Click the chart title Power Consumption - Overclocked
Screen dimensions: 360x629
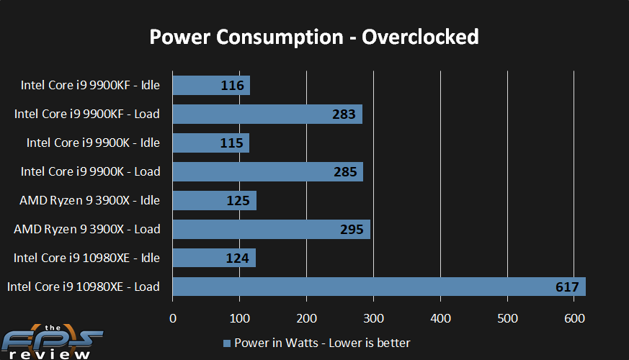click(314, 36)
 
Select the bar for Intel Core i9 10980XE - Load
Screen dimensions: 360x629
click(378, 287)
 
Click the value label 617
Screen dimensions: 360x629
click(567, 287)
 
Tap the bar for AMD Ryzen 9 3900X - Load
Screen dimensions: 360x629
click(271, 229)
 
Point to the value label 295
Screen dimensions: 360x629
click(352, 230)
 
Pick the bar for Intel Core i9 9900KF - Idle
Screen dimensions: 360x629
click(211, 86)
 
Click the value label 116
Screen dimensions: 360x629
click(233, 86)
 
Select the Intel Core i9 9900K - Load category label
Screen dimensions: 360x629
click(90, 171)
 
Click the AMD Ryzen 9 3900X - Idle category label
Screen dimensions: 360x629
click(89, 200)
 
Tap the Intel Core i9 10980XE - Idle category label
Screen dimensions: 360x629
click(90, 258)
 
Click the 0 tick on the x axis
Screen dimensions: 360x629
click(172, 318)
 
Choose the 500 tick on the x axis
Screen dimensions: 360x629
click(507, 318)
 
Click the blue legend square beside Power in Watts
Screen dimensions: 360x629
click(228, 343)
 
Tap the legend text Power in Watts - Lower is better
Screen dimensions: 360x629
click(321, 343)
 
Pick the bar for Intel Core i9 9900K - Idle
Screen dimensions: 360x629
click(210, 143)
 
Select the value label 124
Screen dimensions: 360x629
click(238, 258)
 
